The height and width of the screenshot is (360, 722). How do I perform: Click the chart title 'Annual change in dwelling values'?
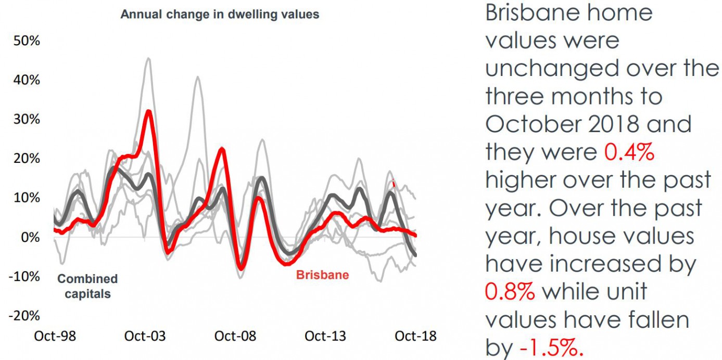tap(220, 15)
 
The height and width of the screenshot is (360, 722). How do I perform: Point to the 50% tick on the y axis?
tap(26, 41)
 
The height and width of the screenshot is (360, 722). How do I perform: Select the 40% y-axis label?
tap(26, 80)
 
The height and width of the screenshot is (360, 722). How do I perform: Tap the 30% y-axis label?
tap(26, 119)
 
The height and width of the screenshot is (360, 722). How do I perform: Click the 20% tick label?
tap(26, 158)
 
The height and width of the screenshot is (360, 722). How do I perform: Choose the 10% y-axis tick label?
tap(26, 198)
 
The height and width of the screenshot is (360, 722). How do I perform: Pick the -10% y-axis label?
tap(24, 276)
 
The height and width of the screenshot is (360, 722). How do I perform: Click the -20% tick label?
tap(24, 316)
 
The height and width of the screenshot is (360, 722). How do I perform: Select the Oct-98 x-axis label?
tap(55, 336)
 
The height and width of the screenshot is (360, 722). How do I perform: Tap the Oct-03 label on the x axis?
tap(145, 336)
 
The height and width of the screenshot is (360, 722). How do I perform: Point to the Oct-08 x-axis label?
tap(235, 336)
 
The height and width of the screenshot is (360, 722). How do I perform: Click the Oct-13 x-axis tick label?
tap(325, 336)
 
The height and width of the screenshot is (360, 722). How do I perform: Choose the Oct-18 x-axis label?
tap(415, 336)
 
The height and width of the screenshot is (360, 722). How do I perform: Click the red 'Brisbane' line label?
tap(322, 275)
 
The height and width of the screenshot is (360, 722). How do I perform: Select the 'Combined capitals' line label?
tap(87, 286)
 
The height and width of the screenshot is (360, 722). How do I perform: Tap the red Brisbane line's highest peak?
tap(149, 111)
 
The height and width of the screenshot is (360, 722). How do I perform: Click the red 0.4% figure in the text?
tap(629, 152)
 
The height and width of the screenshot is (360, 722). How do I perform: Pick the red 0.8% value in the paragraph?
tap(510, 292)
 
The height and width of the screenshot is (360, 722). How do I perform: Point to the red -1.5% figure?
tap(551, 348)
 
